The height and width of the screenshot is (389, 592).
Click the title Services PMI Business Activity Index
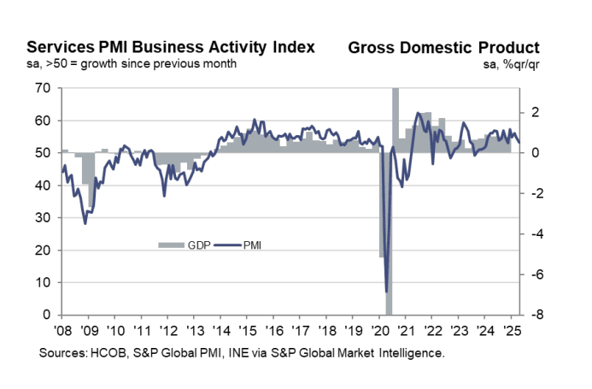pyautogui.click(x=171, y=46)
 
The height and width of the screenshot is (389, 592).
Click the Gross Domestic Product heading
pyautogui.click(x=443, y=46)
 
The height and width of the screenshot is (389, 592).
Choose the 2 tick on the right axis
pyautogui.click(x=531, y=112)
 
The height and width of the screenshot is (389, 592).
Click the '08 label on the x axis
pyautogui.click(x=63, y=330)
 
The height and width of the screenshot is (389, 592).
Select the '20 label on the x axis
pyautogui.click(x=378, y=330)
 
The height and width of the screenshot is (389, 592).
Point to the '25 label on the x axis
pyautogui.click(x=510, y=330)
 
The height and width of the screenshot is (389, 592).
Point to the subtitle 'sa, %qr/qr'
pyautogui.click(x=512, y=64)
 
